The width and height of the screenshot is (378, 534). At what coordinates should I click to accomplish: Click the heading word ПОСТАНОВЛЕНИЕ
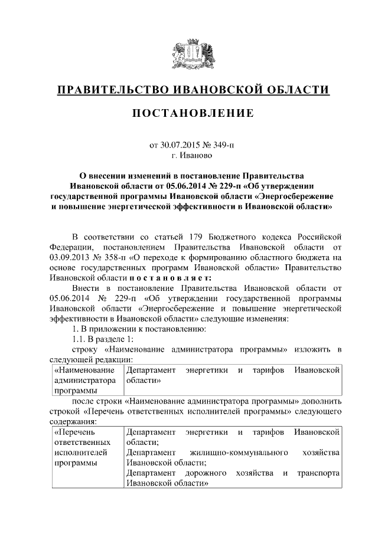click(193, 113)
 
